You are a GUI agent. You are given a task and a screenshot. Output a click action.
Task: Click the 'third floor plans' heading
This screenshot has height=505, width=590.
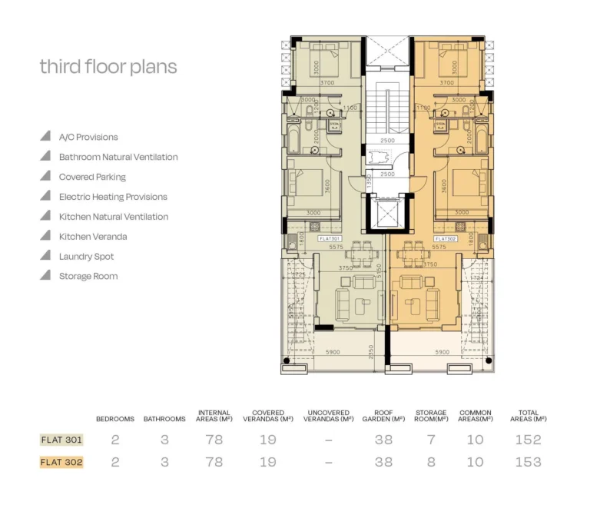[108, 67]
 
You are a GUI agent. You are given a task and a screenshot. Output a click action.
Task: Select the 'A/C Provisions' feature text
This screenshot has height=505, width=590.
[88, 138]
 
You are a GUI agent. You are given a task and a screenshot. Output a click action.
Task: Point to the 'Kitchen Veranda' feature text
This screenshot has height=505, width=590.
[93, 237]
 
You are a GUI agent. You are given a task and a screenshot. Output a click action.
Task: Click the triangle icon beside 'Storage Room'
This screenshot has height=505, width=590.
[46, 276]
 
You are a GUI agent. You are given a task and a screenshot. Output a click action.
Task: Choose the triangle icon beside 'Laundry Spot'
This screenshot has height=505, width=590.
[46, 256]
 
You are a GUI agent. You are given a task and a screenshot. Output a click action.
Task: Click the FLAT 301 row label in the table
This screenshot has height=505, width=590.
[61, 440]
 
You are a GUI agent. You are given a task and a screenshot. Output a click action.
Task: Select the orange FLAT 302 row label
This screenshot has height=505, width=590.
[61, 463]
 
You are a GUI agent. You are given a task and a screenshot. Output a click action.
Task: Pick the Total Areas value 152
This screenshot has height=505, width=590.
[528, 440]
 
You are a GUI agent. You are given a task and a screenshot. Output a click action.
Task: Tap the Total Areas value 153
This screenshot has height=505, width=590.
[528, 463]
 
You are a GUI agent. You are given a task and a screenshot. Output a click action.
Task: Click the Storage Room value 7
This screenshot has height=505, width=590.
[430, 440]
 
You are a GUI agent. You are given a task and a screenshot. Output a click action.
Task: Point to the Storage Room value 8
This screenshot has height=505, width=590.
[430, 463]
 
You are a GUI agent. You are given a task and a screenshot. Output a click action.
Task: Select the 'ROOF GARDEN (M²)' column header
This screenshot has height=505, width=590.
[383, 416]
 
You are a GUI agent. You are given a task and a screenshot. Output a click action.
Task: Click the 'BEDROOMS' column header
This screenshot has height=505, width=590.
[115, 420]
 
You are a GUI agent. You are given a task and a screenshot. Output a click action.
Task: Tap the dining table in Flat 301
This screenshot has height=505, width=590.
[359, 253]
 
